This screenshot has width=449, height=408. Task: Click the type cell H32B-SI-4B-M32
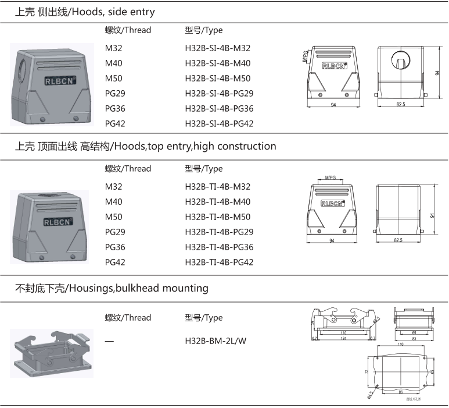point(218,48)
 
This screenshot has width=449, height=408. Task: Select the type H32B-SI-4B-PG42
point(219,123)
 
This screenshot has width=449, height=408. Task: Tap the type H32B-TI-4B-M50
point(218,217)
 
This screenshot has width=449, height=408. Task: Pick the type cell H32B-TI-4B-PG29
point(219,232)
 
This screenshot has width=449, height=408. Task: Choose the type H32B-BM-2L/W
point(215,340)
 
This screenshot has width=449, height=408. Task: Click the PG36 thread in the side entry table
point(115,108)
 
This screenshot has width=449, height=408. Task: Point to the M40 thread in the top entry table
point(114,202)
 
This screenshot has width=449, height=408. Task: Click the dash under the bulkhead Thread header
point(109,340)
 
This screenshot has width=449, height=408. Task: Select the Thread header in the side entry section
point(128,30)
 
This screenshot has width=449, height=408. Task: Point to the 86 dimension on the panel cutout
point(400,393)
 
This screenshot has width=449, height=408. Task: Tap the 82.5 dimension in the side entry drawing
point(401,104)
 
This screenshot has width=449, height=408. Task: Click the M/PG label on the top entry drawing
point(331,177)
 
